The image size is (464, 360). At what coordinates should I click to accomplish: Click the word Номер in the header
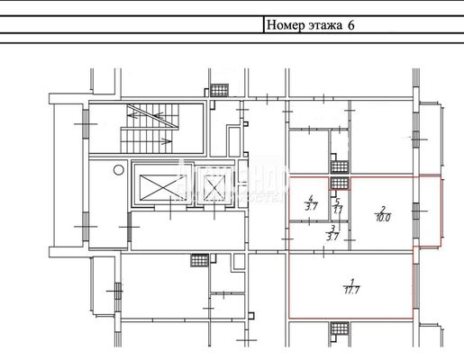[x=286, y=25]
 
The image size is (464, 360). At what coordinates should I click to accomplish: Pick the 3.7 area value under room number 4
[x=310, y=207]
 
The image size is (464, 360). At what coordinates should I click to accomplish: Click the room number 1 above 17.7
[x=350, y=280]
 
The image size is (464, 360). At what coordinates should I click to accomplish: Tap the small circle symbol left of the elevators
[x=116, y=168]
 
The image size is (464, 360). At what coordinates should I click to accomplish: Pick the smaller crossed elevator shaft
[x=213, y=187]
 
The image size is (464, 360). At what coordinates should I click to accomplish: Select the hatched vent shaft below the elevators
[x=198, y=260]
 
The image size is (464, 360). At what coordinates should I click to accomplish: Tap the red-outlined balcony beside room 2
[x=427, y=211]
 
